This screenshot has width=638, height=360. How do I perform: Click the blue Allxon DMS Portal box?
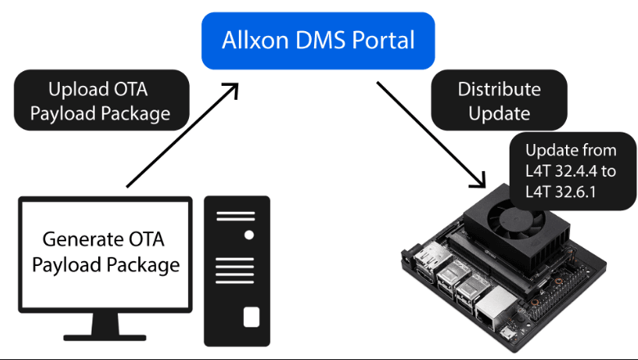319,40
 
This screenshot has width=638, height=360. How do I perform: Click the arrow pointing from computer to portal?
180,135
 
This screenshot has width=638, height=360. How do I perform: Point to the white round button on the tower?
249,235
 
